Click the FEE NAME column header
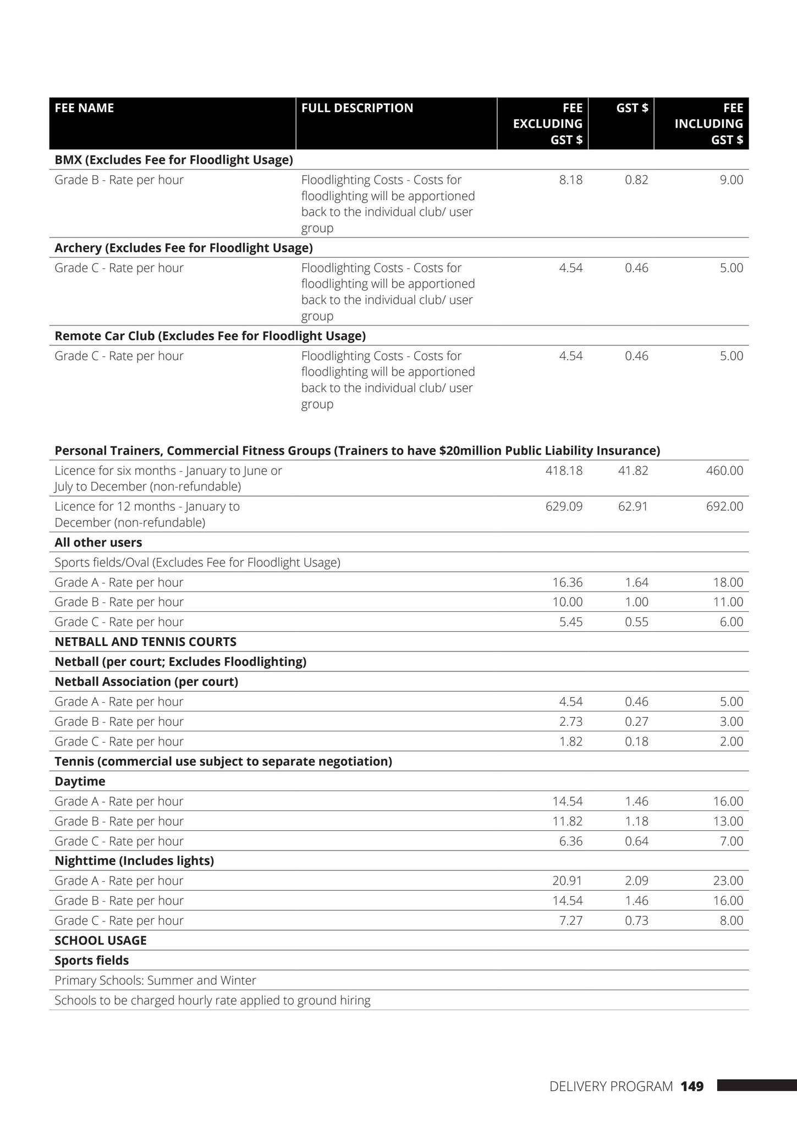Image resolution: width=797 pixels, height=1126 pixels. pos(84,108)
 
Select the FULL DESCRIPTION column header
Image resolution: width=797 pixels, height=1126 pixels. pos(357,108)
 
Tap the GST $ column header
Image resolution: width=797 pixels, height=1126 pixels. pos(631,108)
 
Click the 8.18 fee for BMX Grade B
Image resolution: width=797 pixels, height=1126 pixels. pos(570,180)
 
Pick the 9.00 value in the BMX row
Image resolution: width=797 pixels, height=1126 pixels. pos(731,180)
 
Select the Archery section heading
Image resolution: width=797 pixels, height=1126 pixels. pos(183,248)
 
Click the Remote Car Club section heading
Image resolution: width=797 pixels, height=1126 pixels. pos(210,336)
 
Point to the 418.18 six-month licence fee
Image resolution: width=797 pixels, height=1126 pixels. pos(564,471)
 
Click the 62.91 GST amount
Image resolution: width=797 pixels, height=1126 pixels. pos(633,506)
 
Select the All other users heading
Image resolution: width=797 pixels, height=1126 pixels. pos(98,543)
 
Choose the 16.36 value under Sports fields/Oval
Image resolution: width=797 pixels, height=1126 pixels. pos(567,582)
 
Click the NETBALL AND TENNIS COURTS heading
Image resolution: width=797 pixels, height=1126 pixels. pos(145,642)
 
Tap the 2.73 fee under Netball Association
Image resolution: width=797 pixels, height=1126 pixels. pos(570,721)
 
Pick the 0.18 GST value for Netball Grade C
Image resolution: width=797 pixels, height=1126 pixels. pos(636,741)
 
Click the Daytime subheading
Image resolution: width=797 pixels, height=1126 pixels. pos(80,781)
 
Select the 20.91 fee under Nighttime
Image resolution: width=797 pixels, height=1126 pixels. pos(567,881)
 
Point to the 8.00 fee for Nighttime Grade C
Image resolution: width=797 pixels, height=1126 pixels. pos(731,920)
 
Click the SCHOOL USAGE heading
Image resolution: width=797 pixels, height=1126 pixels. pos(100,940)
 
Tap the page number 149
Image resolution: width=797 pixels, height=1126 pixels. pos(691,1086)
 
